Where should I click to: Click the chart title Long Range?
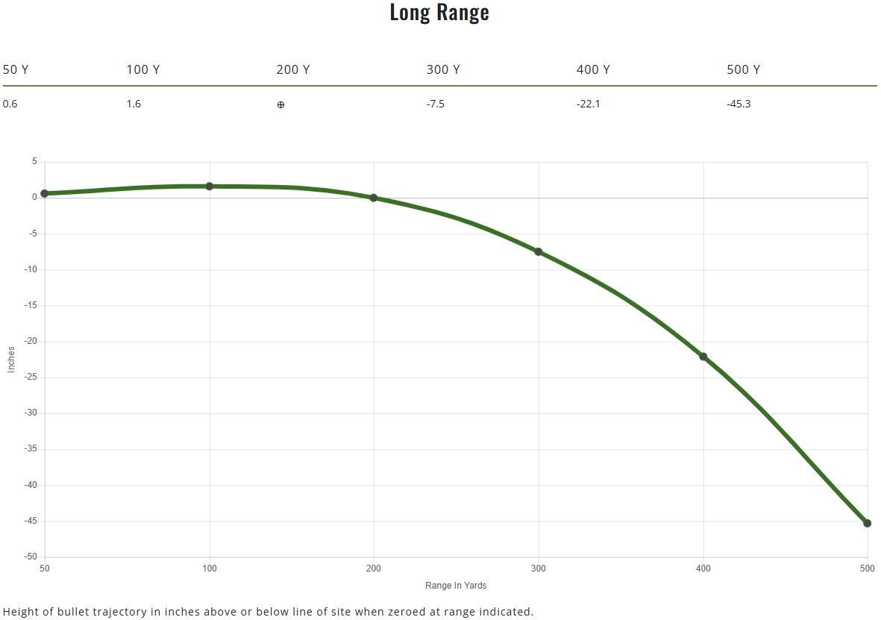[439, 13]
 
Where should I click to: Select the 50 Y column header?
[16, 69]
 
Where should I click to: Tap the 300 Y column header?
[442, 69]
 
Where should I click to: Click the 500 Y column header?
[743, 69]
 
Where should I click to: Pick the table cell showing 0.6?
[10, 104]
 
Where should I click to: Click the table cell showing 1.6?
[134, 104]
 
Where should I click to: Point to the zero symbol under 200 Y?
[280, 104]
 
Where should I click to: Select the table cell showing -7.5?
[435, 104]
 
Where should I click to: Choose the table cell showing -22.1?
[588, 104]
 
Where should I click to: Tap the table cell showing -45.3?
[739, 104]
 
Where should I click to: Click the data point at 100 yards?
[210, 186]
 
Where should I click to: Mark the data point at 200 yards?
[374, 198]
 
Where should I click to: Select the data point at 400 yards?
[703, 357]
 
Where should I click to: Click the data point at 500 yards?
[867, 523]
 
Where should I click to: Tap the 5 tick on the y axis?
[34, 162]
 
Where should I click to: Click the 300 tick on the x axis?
[538, 569]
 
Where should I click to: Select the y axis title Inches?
[11, 359]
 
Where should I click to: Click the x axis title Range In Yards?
[456, 586]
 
